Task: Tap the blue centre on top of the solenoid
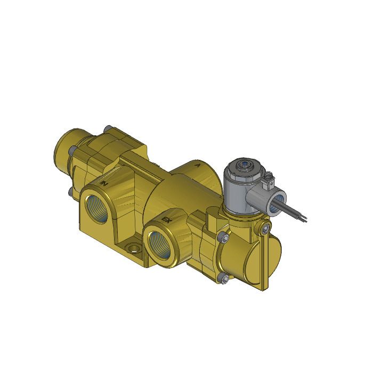[x=244, y=165]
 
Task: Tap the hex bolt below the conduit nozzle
[x=263, y=229]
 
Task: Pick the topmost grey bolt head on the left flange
[x=108, y=127]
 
